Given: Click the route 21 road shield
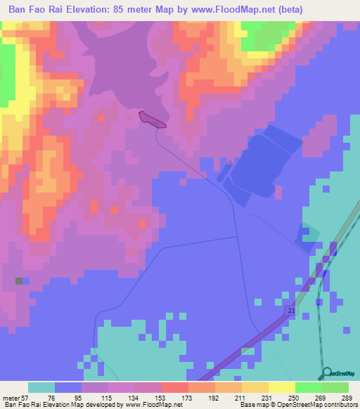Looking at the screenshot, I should (290, 310).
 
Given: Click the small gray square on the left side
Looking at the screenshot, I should (19, 281).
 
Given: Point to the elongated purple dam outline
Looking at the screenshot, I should (153, 119).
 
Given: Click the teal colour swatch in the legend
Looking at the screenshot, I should (41, 387).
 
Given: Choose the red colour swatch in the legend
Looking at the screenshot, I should (175, 387).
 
